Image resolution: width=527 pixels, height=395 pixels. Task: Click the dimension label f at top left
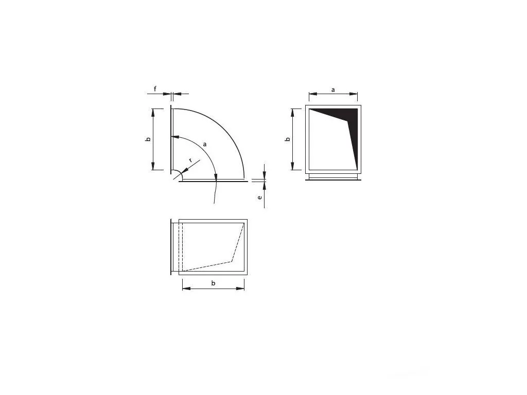tap(155, 89)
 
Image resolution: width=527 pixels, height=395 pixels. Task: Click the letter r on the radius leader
tap(190, 160)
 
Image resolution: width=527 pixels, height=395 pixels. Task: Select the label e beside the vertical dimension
tap(260, 197)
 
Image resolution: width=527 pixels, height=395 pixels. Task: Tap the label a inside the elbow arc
tap(205, 144)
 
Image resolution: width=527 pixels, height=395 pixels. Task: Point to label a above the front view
tap(333, 89)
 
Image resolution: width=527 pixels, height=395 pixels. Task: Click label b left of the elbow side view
tap(148, 139)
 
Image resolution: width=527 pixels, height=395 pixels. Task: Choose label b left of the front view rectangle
tap(287, 139)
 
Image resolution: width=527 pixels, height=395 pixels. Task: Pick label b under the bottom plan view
tap(213, 283)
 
